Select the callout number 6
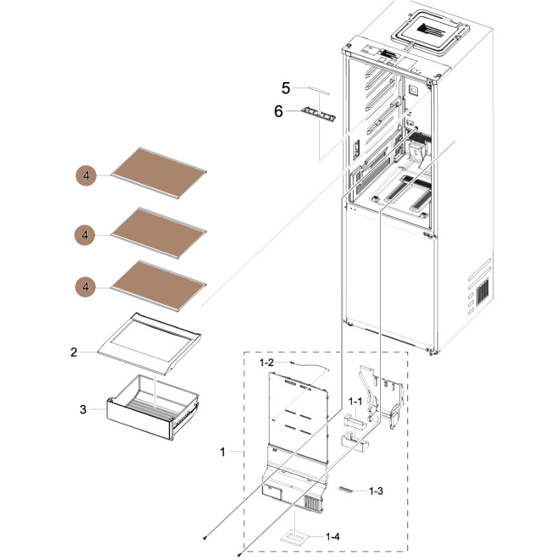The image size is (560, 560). pos(279,111)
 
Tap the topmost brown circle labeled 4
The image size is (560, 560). pos(86,176)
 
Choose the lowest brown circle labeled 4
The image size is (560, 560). pos(86,286)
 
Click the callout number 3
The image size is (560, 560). pos(83,409)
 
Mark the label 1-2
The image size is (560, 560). pos(266,363)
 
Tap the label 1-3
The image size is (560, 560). pos(377,491)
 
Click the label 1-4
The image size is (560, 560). pos(333,536)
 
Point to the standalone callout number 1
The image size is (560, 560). pos(223,452)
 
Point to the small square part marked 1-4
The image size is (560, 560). pos(293,538)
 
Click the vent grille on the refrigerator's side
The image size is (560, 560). pos(482,292)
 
